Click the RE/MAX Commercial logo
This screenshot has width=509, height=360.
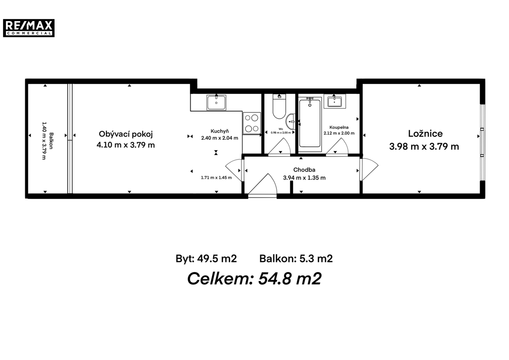(29, 28)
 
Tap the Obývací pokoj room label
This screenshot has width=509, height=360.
(126, 134)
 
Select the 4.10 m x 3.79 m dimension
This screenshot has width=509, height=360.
(126, 145)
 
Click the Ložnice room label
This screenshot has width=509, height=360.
(425, 133)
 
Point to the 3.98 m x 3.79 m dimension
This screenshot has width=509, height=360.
(424, 146)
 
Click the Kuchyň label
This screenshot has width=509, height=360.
(220, 131)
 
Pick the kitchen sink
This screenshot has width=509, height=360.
(216, 103)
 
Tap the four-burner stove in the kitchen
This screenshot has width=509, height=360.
(252, 123)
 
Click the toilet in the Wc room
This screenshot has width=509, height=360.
(279, 106)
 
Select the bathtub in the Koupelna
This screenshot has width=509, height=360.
(310, 124)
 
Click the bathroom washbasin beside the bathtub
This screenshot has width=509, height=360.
(335, 101)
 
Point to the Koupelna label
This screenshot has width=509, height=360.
(339, 127)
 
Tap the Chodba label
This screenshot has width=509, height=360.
(304, 170)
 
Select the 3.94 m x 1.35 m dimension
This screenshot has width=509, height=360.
(304, 178)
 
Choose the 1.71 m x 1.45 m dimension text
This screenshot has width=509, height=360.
(216, 178)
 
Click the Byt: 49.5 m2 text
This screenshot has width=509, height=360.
(206, 259)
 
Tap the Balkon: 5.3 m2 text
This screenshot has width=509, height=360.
(296, 259)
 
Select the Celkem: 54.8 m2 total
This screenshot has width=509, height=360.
(254, 279)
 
